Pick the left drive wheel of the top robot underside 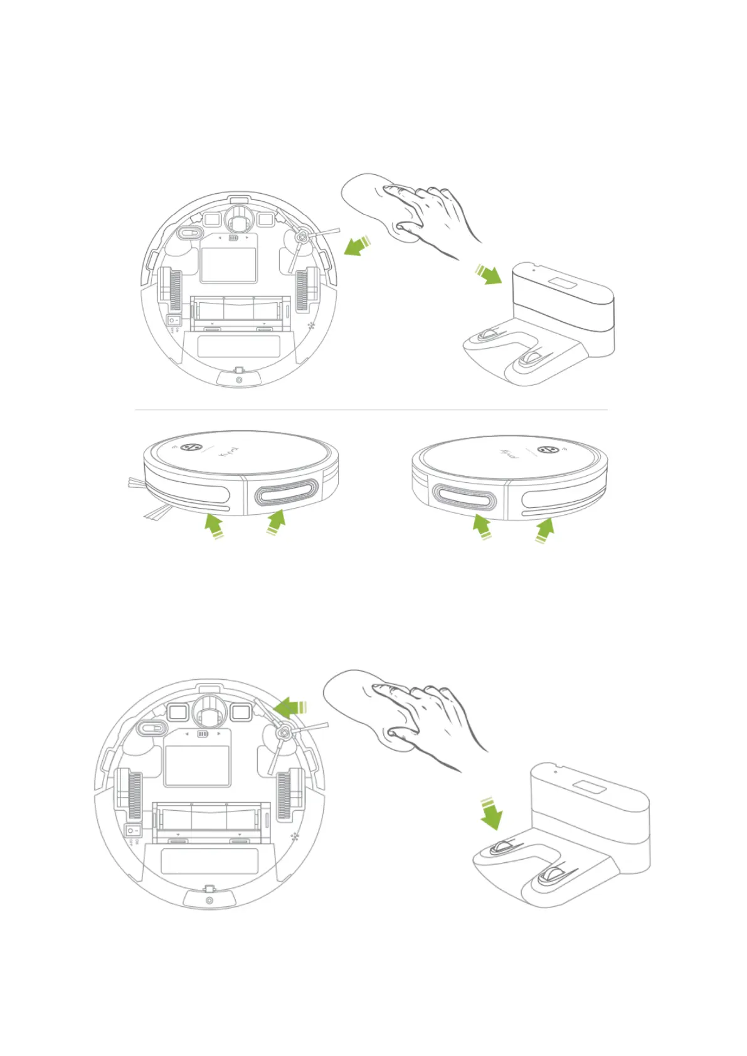(x=171, y=290)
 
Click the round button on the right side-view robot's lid (x=550, y=450)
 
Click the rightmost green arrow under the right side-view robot (x=544, y=530)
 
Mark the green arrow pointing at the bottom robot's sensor (x=291, y=708)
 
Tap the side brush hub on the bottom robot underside (x=282, y=731)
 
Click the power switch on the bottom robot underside (x=132, y=830)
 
